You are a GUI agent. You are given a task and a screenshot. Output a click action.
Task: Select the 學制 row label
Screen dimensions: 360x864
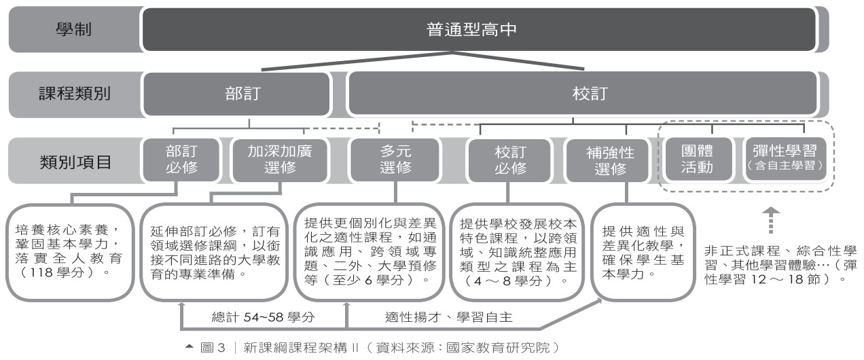click(x=74, y=30)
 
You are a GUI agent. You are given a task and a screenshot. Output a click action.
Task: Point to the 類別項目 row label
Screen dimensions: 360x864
click(x=74, y=160)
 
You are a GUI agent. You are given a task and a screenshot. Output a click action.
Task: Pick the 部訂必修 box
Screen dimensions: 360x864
click(x=181, y=160)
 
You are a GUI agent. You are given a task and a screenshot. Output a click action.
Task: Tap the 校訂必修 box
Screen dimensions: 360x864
click(x=509, y=160)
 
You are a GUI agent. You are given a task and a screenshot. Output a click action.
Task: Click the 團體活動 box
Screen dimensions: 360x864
click(x=696, y=160)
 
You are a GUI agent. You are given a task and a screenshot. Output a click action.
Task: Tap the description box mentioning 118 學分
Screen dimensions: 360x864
click(x=68, y=250)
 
